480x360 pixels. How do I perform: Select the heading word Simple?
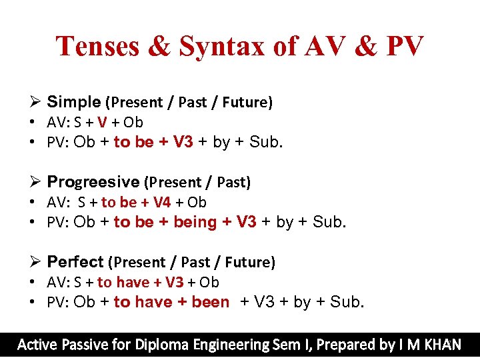[73, 102]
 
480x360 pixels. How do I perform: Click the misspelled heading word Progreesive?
[93, 182]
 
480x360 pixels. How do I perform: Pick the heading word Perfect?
[75, 262]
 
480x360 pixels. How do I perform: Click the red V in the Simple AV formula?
[101, 123]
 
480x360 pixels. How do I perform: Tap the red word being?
[195, 222]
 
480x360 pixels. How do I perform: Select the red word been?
[210, 302]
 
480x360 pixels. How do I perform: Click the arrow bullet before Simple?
[37, 102]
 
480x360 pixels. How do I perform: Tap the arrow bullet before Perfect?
[37, 262]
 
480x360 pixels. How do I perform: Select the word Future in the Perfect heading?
[249, 263]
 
